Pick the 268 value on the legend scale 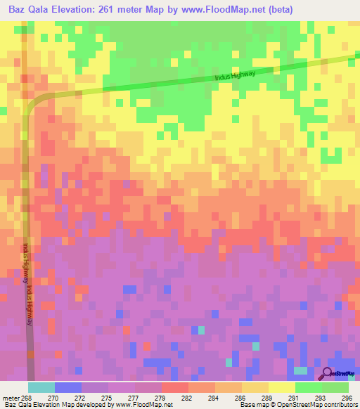point(27,397)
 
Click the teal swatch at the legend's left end point(41,387)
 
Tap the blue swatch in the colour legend point(68,387)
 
